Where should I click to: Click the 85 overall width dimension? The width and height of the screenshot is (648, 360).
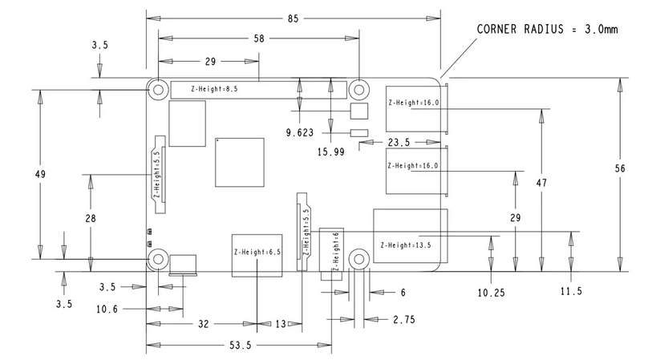pos(293,18)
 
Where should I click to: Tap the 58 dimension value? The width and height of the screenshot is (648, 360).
pos(259,38)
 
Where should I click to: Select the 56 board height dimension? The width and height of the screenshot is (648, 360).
pos(620,168)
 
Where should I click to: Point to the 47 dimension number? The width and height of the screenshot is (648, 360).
pos(541,183)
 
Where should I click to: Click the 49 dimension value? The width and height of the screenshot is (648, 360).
pos(40,175)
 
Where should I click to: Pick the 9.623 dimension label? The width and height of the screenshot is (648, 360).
pos(300,132)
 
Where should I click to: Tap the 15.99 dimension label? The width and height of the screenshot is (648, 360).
pos(330,152)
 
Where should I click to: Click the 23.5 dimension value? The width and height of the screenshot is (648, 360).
pos(399,143)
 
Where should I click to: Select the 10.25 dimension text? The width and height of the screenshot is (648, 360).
pos(491,293)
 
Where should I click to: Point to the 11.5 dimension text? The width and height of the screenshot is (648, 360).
pos(571,291)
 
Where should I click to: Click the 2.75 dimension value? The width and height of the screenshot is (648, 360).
pos(403,319)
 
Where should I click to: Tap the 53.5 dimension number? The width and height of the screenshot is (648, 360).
pos(240,345)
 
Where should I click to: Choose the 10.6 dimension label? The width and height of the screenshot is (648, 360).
pos(107,309)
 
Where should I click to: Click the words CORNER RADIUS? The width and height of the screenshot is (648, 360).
pos(520,30)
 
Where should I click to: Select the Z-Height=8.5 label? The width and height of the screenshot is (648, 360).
pos(214,89)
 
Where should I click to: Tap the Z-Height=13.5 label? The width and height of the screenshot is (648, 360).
pos(406,245)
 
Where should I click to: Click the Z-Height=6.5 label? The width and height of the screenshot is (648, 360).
pos(257,252)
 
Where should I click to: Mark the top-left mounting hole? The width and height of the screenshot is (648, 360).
pos(158,90)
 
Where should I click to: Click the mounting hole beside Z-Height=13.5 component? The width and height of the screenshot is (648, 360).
pos(358,259)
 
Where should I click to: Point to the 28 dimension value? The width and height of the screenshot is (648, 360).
pos(91,218)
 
